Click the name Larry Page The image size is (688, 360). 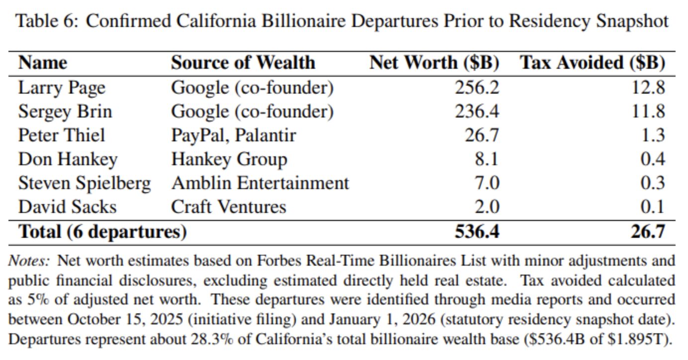(x=62, y=88)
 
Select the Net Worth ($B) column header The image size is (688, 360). (x=434, y=63)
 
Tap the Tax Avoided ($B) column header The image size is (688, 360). (x=592, y=63)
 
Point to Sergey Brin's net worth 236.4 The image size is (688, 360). (x=477, y=111)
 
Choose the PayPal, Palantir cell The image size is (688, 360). (x=233, y=135)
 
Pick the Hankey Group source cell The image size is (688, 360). (x=229, y=160)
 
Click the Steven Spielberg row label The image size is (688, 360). (x=85, y=183)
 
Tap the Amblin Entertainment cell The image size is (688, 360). (x=260, y=183)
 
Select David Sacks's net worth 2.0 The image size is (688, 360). (x=487, y=207)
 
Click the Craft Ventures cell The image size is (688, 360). (x=229, y=207)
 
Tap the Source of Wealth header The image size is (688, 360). (x=243, y=63)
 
